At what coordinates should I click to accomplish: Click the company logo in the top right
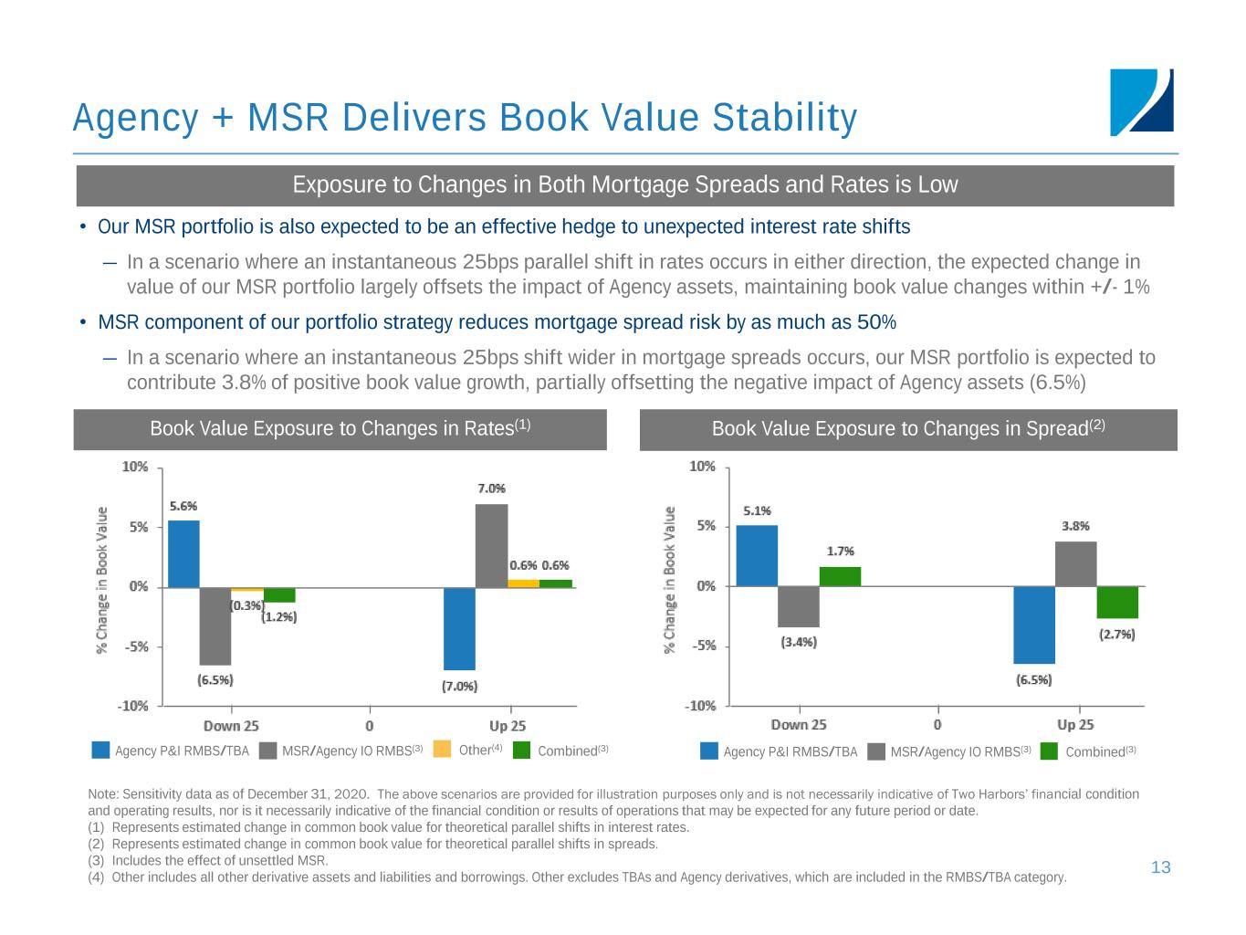pyautogui.click(x=1141, y=102)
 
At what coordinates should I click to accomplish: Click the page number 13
pyautogui.click(x=1160, y=867)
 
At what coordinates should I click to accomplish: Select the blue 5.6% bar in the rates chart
pyautogui.click(x=183, y=553)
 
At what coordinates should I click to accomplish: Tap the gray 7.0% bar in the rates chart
pyautogui.click(x=491, y=545)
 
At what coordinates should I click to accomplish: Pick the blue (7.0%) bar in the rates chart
pyautogui.click(x=459, y=628)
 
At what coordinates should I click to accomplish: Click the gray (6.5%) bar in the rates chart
pyautogui.click(x=215, y=625)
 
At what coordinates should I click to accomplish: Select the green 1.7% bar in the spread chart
pyautogui.click(x=840, y=576)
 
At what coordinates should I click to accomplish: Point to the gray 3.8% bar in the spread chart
pyautogui.click(x=1075, y=563)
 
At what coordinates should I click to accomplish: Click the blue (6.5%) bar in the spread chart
pyautogui.click(x=1034, y=625)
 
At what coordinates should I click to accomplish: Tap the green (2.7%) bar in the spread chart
pyautogui.click(x=1117, y=603)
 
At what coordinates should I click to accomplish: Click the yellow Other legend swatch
pyautogui.click(x=442, y=750)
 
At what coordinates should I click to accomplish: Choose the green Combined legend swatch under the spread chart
pyautogui.click(x=1049, y=751)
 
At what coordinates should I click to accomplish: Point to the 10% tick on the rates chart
pyautogui.click(x=135, y=467)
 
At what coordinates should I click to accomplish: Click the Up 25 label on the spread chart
pyautogui.click(x=1075, y=725)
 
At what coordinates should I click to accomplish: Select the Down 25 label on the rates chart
pyautogui.click(x=231, y=726)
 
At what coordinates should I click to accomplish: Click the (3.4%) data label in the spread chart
pyautogui.click(x=799, y=642)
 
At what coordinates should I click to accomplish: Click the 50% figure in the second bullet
pyautogui.click(x=876, y=322)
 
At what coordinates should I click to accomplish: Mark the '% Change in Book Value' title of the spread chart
pyautogui.click(x=670, y=580)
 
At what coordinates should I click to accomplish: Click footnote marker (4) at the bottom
pyautogui.click(x=96, y=877)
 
